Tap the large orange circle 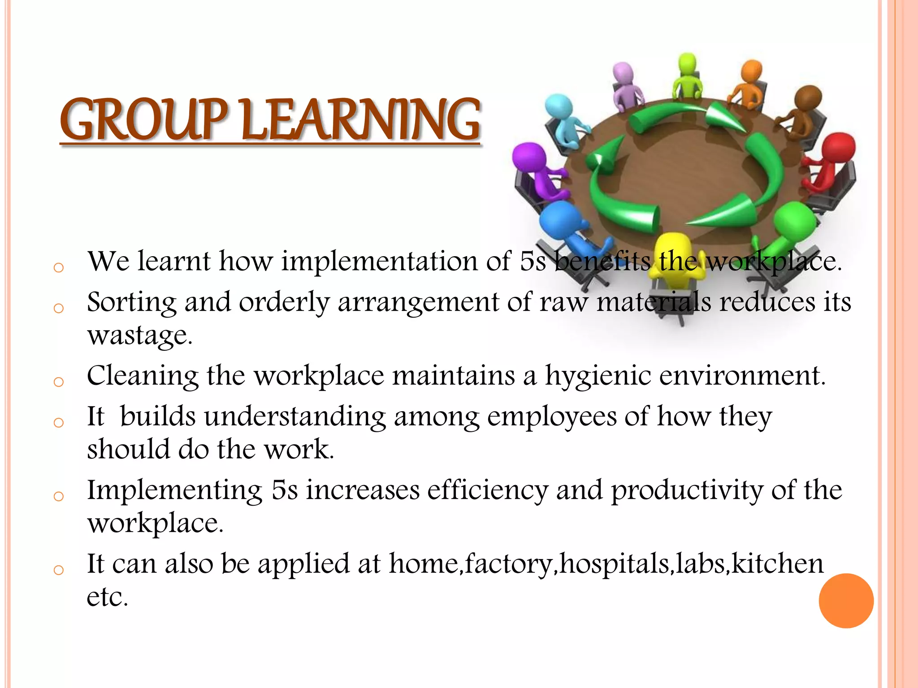click(846, 601)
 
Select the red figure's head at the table click(838, 148)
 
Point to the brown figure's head click(808, 99)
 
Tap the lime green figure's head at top click(687, 63)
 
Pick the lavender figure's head click(623, 73)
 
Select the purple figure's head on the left click(529, 157)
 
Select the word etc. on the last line click(107, 597)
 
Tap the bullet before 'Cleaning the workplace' click(58, 382)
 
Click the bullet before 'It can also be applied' click(58, 570)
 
